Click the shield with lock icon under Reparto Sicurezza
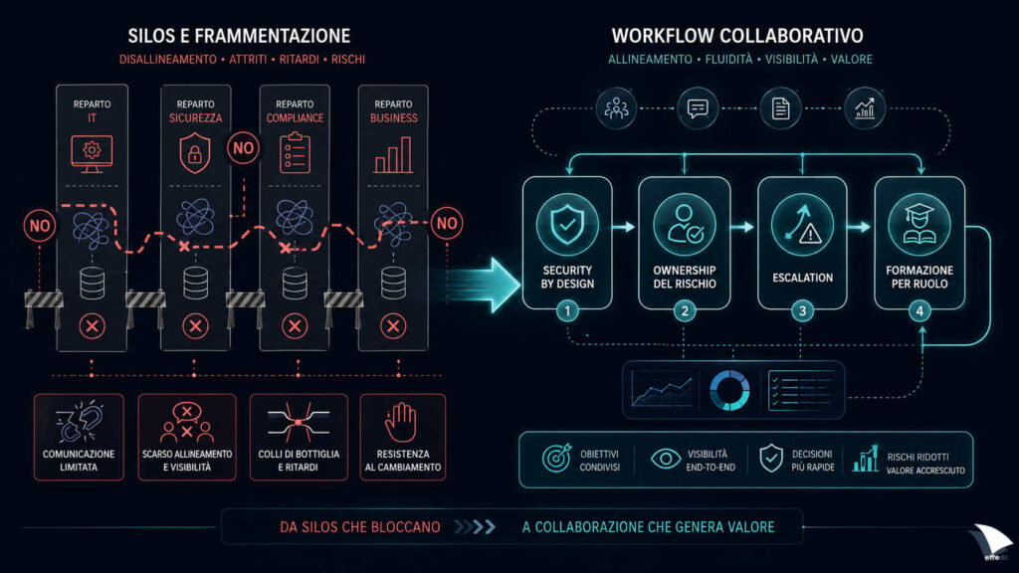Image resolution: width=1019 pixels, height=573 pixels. tap(195, 153)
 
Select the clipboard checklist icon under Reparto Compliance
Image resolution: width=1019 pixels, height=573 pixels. tap(295, 152)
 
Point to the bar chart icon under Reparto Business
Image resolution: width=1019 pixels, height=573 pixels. tap(393, 154)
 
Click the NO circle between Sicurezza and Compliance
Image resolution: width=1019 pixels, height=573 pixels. tap(243, 148)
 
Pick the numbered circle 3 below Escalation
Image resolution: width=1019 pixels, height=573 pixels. tap(802, 310)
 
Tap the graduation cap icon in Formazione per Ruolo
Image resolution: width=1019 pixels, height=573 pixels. tap(918, 224)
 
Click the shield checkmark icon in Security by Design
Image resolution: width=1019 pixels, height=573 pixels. tap(567, 224)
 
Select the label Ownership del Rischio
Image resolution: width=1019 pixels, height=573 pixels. tap(685, 277)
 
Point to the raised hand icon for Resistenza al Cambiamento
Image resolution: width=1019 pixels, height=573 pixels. tap(400, 422)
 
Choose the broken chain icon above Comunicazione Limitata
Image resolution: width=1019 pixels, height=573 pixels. tap(79, 422)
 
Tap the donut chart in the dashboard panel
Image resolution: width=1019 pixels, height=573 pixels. tap(729, 390)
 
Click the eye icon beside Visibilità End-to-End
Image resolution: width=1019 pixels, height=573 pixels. tap(666, 459)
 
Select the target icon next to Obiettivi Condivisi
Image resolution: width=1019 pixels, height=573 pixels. tap(557, 458)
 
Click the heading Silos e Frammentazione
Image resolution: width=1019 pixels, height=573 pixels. tap(239, 36)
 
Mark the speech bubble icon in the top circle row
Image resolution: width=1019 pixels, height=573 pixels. tap(698, 107)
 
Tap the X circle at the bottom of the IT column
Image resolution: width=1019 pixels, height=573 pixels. tap(92, 326)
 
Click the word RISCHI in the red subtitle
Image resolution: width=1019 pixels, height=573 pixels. tap(348, 59)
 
